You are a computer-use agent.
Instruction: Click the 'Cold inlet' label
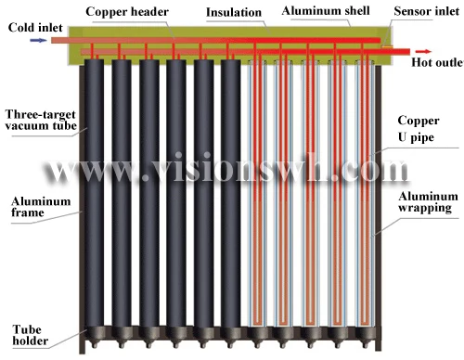[31, 28]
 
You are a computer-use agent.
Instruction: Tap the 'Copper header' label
[125, 10]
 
